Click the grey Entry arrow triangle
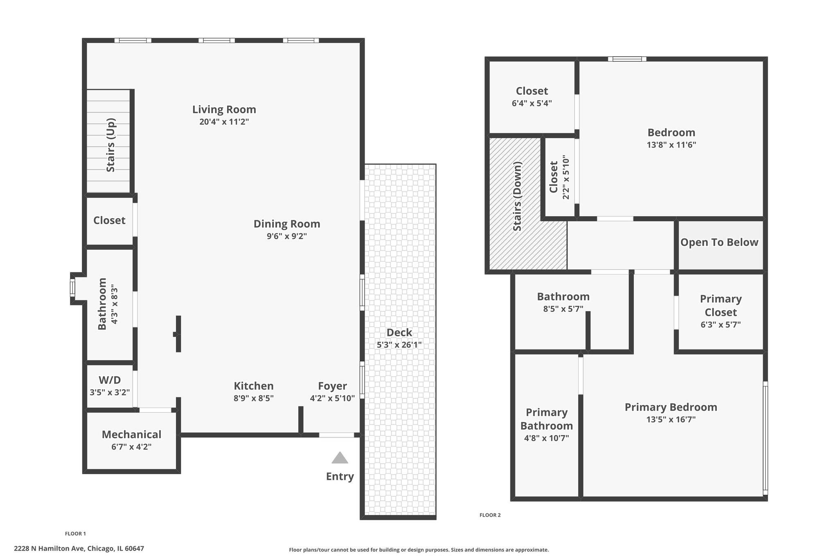pyautogui.click(x=340, y=458)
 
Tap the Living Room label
pyautogui.click(x=224, y=110)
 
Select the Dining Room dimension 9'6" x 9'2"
pyautogui.click(x=287, y=236)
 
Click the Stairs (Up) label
pyautogui.click(x=111, y=145)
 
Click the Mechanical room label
pyautogui.click(x=131, y=434)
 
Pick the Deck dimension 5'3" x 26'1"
pyautogui.click(x=399, y=345)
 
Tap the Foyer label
pyautogui.click(x=332, y=386)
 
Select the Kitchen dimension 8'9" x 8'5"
pyautogui.click(x=254, y=398)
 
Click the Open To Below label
pyautogui.click(x=719, y=242)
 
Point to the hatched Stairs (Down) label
pyautogui.click(x=517, y=196)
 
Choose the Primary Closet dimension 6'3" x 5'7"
pyautogui.click(x=721, y=325)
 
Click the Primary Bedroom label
pyautogui.click(x=671, y=407)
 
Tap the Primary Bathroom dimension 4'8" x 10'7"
pyautogui.click(x=546, y=438)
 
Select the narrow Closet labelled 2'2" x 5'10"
pyautogui.click(x=559, y=177)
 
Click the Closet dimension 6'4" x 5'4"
pyautogui.click(x=532, y=103)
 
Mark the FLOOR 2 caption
pyautogui.click(x=490, y=515)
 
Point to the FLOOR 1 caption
pyautogui.click(x=75, y=533)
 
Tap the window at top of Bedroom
pyautogui.click(x=626, y=59)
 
